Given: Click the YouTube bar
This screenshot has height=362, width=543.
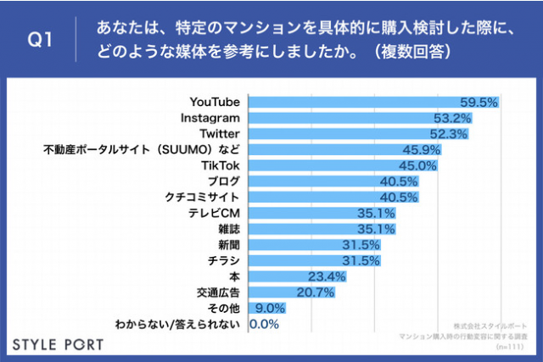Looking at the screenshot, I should pyautogui.click(x=372, y=103).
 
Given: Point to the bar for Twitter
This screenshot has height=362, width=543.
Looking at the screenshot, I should pyautogui.click(x=357, y=134).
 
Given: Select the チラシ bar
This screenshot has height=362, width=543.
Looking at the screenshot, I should pyautogui.click(x=313, y=260).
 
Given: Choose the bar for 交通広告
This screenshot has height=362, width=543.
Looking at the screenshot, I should pyautogui.click(x=290, y=292).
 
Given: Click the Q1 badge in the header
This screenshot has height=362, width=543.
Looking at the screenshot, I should pyautogui.click(x=40, y=41).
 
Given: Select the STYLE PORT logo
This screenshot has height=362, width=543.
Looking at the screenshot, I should pyautogui.click(x=58, y=344).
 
